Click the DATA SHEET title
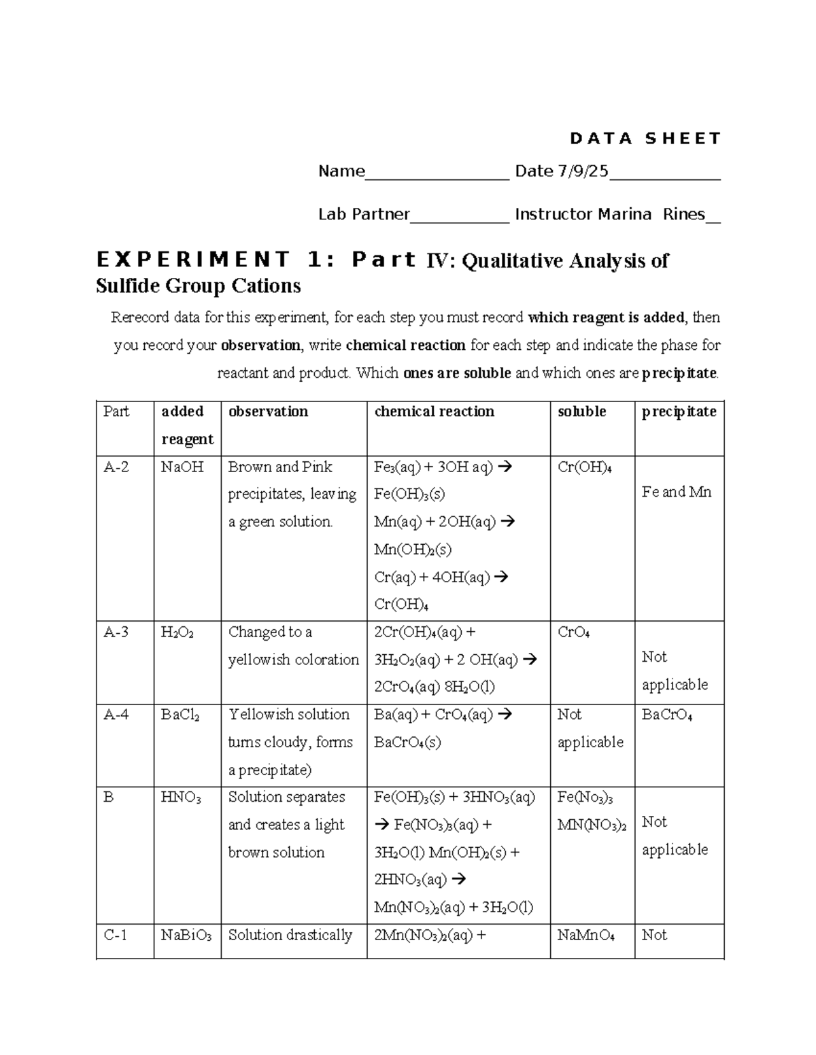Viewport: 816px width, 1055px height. pos(645,139)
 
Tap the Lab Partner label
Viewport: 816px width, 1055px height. pos(364,215)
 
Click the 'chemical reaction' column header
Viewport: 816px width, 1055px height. pos(434,412)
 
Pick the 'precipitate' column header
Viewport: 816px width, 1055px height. pos(679,412)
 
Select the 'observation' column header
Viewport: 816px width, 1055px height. pos(268,412)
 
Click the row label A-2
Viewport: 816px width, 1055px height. pos(116,467)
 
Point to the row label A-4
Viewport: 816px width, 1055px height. pos(116,715)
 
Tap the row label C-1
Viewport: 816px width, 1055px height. pos(115,935)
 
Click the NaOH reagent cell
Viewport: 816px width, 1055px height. pos(182,467)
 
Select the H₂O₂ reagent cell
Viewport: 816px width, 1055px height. pos(177,632)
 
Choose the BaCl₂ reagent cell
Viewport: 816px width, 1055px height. pos(180,715)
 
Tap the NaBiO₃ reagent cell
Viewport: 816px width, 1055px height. pos(186,935)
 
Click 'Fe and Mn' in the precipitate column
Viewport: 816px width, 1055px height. pos(676,492)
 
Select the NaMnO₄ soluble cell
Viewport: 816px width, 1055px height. pos(585,935)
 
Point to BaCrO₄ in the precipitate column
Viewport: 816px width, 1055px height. pos(666,715)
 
